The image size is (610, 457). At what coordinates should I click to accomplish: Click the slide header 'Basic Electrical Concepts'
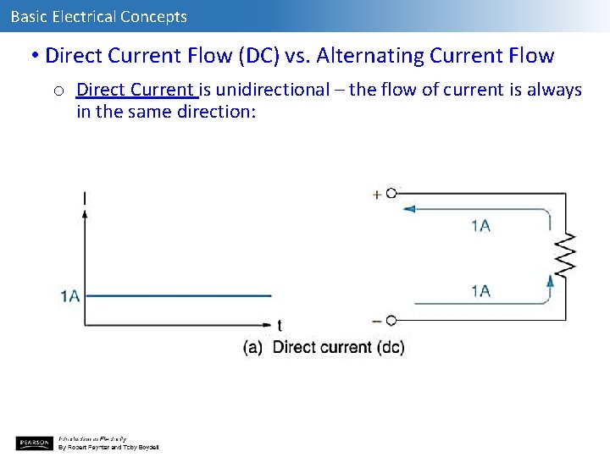(99, 16)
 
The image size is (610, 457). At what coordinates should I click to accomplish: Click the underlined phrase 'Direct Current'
(136, 90)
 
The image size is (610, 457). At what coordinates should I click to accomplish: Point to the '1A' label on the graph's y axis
(69, 295)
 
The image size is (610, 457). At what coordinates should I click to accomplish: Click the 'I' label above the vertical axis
(85, 199)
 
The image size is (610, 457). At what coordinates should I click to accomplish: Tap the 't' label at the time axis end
(280, 326)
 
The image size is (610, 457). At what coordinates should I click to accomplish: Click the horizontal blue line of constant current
(178, 295)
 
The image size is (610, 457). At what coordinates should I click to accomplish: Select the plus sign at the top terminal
(377, 195)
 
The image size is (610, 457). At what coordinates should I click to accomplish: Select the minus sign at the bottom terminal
(377, 321)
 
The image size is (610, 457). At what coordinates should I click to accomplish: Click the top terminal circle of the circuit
(391, 194)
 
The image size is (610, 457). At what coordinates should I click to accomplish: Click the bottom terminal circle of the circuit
(391, 321)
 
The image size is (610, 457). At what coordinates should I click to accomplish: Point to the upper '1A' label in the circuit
(481, 225)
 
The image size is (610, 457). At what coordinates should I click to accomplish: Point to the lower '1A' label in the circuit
(481, 291)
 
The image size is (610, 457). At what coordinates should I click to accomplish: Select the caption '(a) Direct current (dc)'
(324, 347)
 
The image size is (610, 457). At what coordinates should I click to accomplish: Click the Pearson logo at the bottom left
(34, 443)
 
